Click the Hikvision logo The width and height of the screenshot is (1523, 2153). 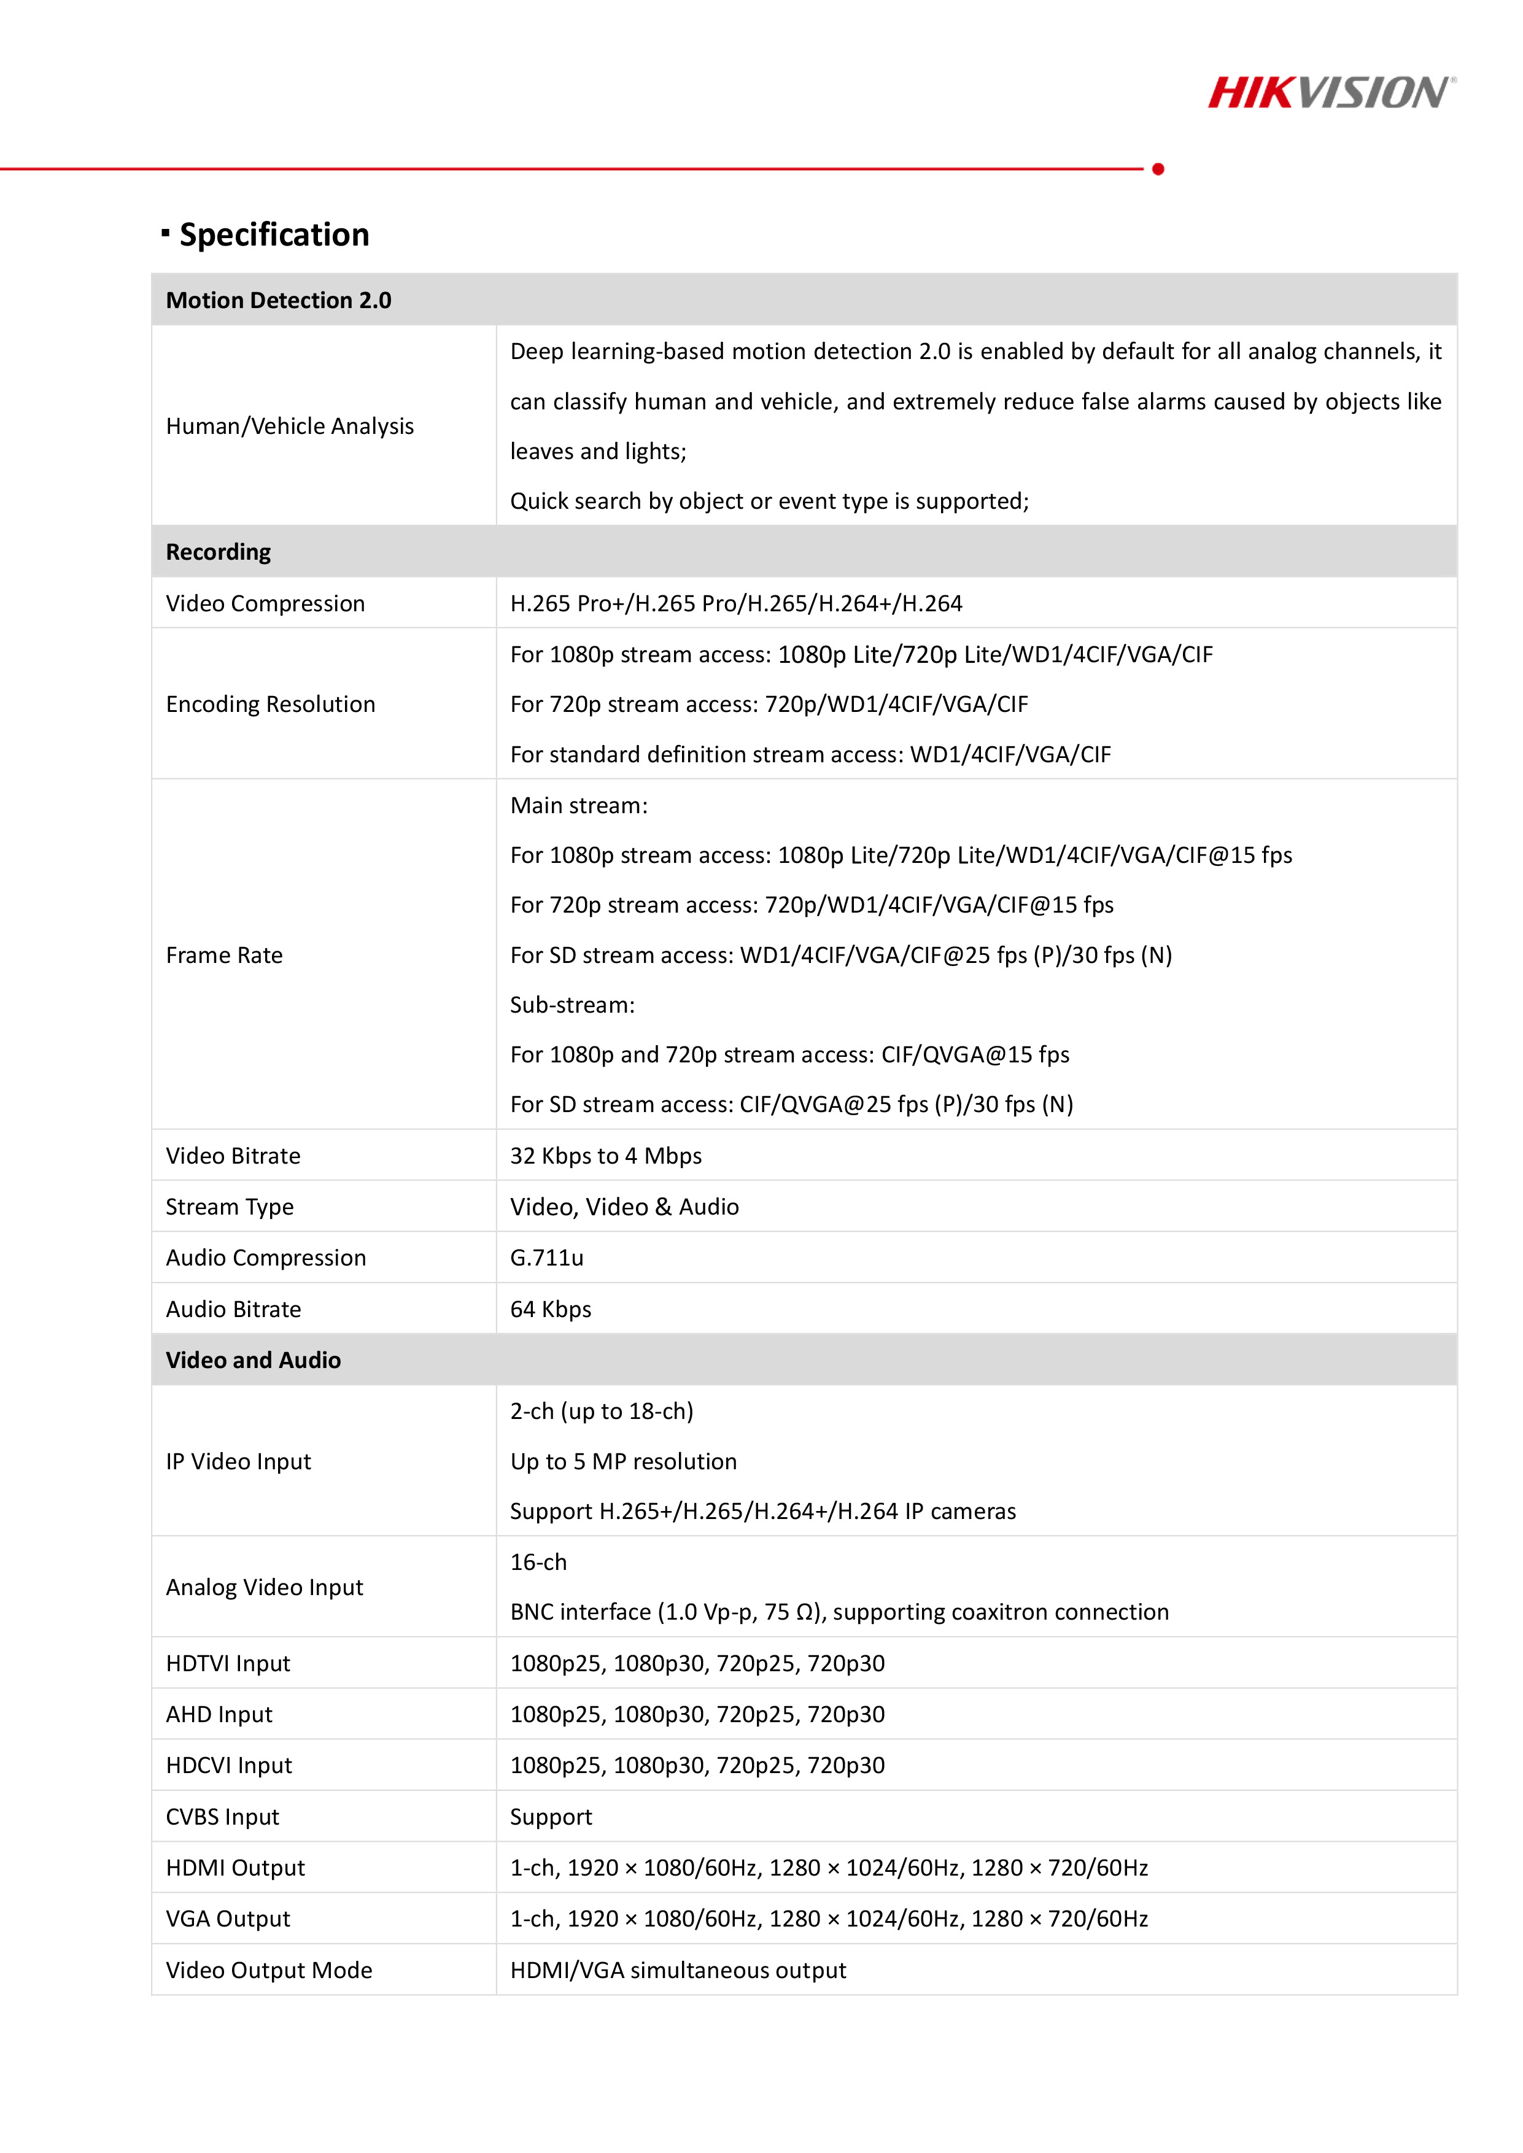(1331, 93)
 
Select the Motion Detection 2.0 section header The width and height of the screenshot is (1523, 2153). (279, 300)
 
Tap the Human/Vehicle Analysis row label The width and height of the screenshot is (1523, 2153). (290, 426)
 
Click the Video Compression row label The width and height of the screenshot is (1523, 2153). (265, 603)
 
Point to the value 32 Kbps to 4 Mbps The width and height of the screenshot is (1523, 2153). (606, 1155)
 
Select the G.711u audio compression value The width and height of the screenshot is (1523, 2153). (547, 1258)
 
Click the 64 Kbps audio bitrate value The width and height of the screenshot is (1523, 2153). (551, 1309)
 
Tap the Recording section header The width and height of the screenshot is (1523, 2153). (219, 551)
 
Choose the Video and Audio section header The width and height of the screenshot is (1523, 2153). (253, 1359)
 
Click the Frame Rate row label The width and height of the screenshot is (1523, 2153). (224, 954)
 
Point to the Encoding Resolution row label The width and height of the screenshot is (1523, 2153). (270, 704)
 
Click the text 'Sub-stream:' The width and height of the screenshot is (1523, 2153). (572, 1004)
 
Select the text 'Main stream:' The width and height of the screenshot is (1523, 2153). (579, 805)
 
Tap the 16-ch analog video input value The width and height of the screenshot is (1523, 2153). (538, 1562)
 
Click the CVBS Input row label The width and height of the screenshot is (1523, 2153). (222, 1816)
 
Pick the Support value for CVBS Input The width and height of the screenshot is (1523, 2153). (551, 1816)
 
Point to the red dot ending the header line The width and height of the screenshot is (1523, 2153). (1158, 169)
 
